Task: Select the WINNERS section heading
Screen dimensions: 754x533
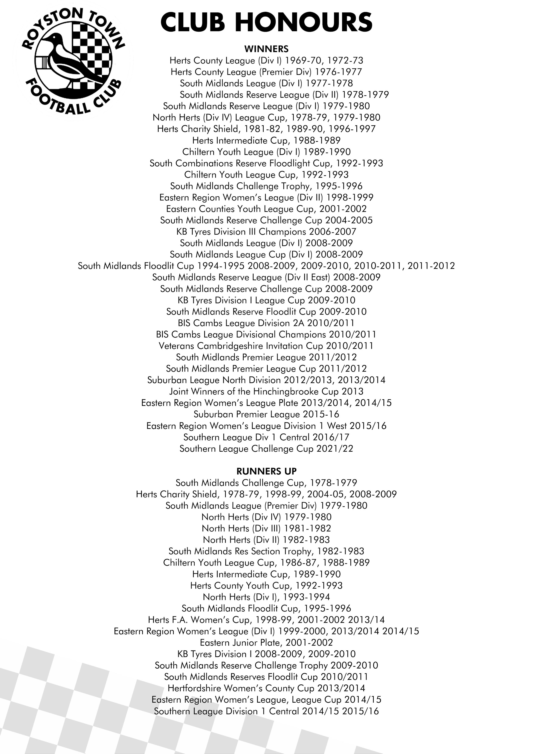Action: pos(266,49)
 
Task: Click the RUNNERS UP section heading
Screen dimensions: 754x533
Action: pos(266,471)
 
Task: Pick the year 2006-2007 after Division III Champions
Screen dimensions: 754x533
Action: pos(332,232)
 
